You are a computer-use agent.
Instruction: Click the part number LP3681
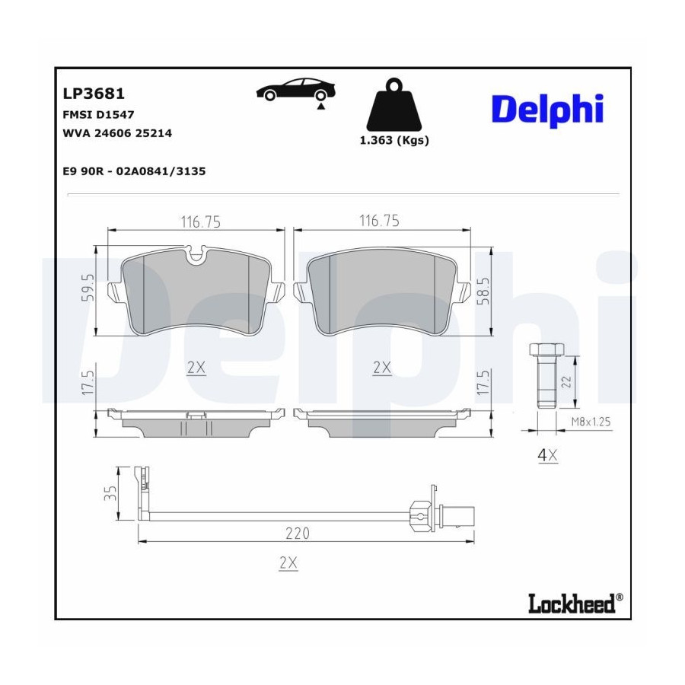coord(93,94)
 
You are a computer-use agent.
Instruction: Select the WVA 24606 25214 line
coord(116,132)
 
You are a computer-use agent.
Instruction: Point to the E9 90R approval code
coord(134,171)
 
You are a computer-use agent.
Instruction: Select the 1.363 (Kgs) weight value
coord(393,141)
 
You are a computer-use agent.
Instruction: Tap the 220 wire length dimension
coord(298,534)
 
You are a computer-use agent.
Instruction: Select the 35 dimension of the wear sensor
coord(111,493)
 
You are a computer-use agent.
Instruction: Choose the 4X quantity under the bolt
coord(548,456)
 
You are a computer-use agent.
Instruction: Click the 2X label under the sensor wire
coord(288,563)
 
